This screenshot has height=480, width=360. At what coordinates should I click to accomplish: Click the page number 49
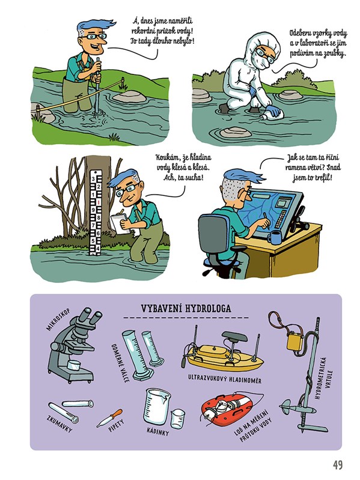click(x=338, y=465)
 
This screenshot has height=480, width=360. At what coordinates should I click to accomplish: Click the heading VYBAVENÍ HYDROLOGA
click(x=186, y=309)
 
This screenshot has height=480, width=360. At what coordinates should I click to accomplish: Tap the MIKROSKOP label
click(x=58, y=320)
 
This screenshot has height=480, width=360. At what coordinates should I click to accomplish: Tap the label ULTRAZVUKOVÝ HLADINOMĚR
click(x=225, y=378)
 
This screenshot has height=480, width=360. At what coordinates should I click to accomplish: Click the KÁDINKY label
click(x=157, y=431)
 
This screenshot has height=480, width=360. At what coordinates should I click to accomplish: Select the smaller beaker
click(x=177, y=419)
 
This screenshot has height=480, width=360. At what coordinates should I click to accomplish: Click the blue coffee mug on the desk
click(x=274, y=237)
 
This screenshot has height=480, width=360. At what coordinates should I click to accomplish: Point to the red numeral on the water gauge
click(x=98, y=202)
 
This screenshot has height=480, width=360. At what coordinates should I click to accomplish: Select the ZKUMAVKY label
click(x=59, y=424)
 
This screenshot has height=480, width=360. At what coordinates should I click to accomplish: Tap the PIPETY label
click(x=117, y=425)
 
